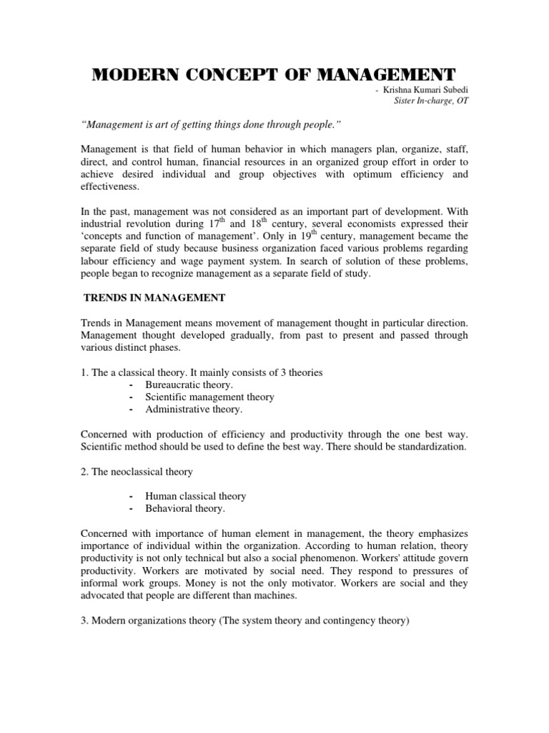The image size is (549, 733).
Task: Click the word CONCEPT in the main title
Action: (224, 74)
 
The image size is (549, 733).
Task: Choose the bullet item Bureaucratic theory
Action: (189, 384)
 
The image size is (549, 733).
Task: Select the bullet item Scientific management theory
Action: (209, 397)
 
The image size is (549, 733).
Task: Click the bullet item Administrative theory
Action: (194, 409)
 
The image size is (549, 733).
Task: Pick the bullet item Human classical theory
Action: (195, 495)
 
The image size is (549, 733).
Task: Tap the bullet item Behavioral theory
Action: (184, 508)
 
